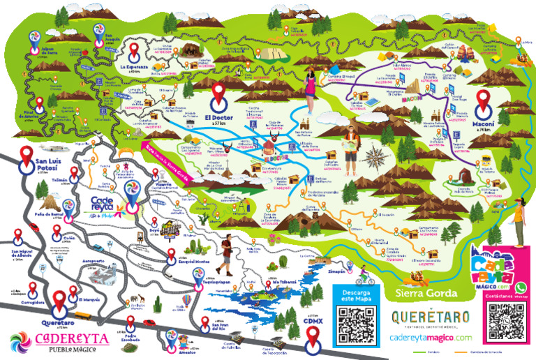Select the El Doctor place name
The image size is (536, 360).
click(x=217, y=119)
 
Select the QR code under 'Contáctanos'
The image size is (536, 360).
click(x=505, y=324)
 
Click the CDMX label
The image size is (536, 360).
click(x=313, y=322)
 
